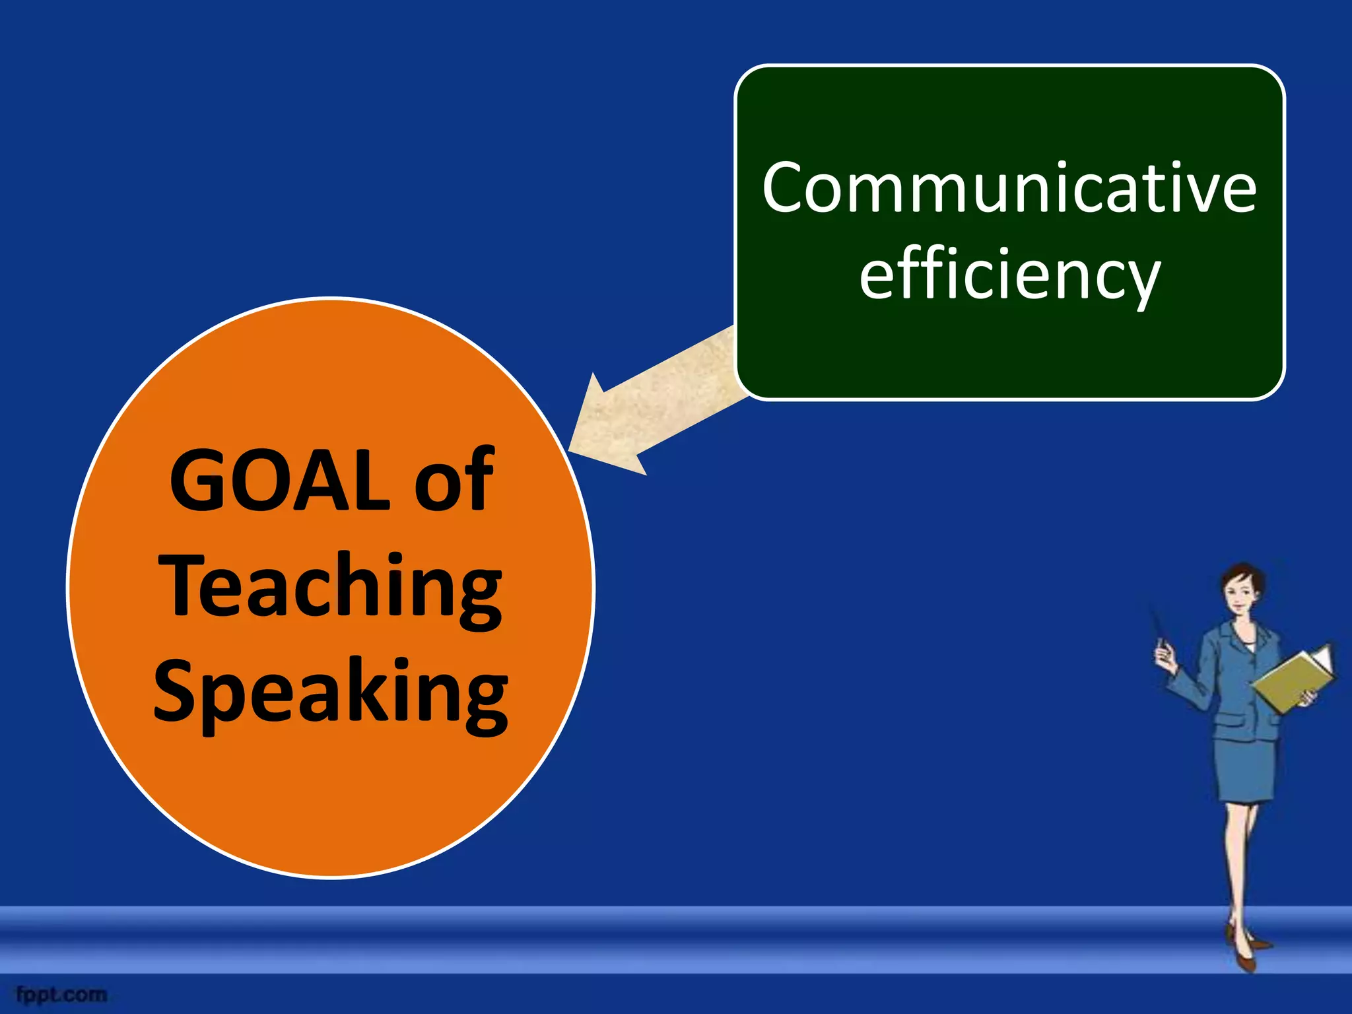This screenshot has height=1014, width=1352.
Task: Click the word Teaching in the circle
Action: click(x=330, y=586)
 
